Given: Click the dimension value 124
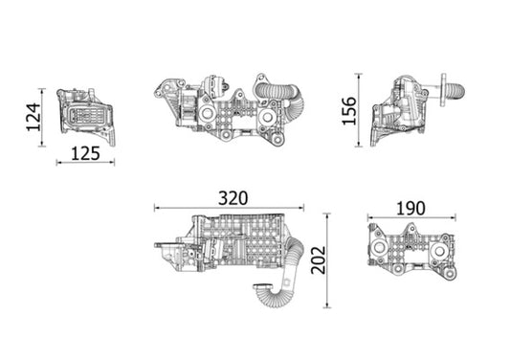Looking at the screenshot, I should coord(32,117).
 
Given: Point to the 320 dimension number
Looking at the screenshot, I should coord(233,198).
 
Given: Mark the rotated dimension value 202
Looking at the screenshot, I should coord(319,259).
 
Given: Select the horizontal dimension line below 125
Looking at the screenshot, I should coord(86,163).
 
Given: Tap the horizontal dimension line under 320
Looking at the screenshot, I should coord(230,208).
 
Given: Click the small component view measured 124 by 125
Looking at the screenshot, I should coord(86,116).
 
